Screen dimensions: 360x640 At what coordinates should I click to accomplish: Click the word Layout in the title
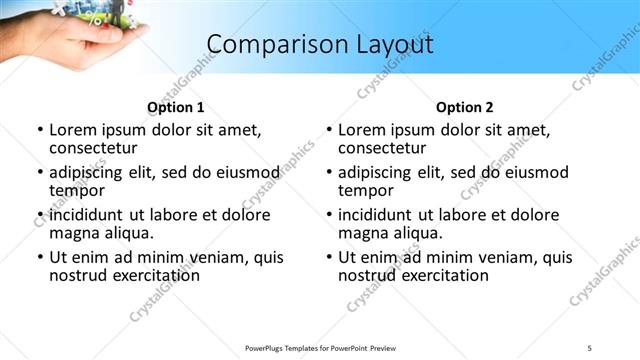click(x=389, y=45)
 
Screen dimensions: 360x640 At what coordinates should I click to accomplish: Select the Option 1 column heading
click(x=176, y=108)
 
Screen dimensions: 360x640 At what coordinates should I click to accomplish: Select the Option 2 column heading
click(x=465, y=108)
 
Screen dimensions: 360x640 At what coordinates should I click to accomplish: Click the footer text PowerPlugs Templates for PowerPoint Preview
click(x=319, y=347)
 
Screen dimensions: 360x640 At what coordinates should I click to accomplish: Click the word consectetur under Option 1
click(x=92, y=148)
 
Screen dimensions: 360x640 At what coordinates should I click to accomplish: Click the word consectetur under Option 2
click(x=381, y=148)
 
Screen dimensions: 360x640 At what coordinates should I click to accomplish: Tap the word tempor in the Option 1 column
click(x=76, y=190)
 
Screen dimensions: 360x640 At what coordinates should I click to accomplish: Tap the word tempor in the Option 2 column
click(x=365, y=190)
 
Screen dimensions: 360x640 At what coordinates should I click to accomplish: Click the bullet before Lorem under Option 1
click(x=40, y=130)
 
